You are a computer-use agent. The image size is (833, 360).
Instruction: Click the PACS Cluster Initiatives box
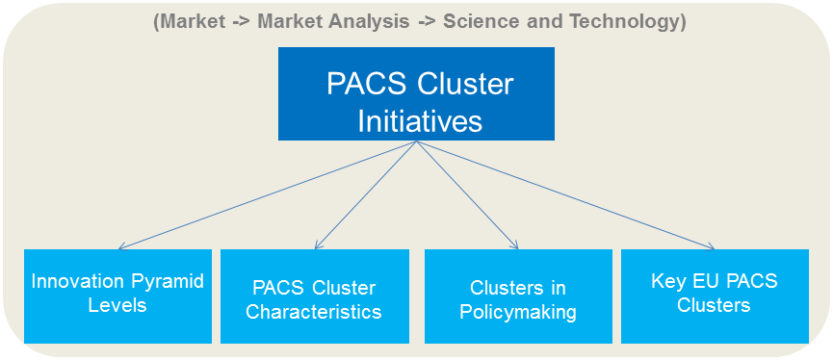(416, 93)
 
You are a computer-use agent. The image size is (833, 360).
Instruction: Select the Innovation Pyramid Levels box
(117, 296)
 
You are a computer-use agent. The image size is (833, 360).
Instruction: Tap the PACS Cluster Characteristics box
(314, 296)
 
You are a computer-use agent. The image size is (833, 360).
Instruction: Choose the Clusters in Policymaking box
(518, 296)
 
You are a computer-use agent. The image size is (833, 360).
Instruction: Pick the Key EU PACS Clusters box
(714, 296)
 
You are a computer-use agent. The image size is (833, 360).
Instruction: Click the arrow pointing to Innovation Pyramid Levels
(270, 195)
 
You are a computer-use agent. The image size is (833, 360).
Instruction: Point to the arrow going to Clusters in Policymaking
(467, 195)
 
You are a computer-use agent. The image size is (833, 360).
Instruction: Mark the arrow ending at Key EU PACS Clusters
(568, 195)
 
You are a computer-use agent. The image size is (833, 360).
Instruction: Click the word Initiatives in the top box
(420, 122)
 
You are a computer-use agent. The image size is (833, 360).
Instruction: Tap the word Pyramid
(161, 281)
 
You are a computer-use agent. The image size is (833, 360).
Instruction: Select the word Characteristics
(314, 312)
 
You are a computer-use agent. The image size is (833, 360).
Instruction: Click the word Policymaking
(518, 312)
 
